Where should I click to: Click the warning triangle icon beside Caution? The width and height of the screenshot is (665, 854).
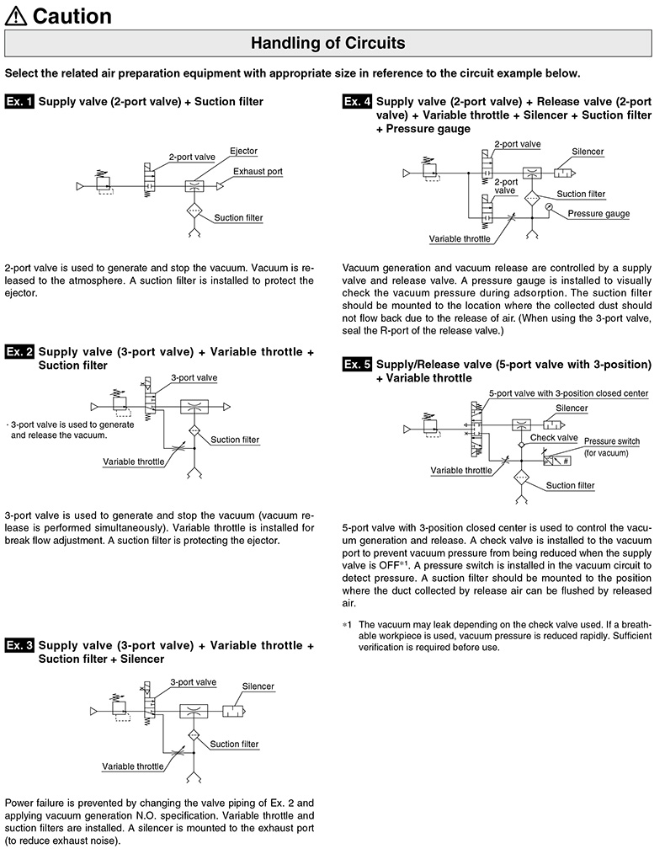point(15,16)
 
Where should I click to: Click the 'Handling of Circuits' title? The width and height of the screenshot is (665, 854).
point(327,43)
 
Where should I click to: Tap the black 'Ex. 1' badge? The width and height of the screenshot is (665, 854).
point(19,101)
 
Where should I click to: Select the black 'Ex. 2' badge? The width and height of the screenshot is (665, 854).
point(19,352)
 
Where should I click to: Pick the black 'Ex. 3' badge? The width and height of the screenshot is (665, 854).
point(19,645)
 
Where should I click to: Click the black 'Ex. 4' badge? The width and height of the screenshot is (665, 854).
point(357,101)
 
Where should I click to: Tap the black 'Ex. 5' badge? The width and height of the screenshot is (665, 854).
point(357,365)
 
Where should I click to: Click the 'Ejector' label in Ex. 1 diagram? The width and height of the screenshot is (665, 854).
point(243,151)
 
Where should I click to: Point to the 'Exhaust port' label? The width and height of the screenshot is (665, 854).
point(258,171)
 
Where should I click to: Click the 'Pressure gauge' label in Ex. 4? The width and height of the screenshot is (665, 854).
point(598,214)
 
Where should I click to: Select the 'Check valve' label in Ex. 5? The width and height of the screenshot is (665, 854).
point(554,437)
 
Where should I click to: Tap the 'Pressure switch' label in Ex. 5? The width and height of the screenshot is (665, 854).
point(612,441)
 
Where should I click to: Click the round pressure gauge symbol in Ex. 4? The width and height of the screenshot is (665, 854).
point(549,207)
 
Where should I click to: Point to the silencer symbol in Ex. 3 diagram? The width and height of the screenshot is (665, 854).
point(234,712)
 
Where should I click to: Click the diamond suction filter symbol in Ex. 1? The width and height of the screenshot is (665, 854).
point(194,211)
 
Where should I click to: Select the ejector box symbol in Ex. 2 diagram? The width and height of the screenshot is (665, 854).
point(194,406)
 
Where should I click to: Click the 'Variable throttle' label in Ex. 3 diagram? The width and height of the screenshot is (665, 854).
point(133,766)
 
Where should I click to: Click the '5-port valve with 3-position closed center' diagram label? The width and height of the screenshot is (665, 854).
point(569,393)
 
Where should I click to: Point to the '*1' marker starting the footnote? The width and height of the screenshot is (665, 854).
point(347,625)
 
